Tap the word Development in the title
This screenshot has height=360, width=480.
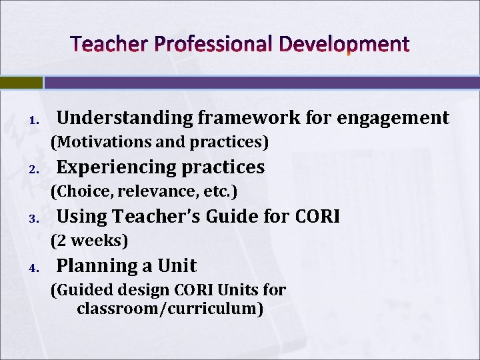coord(344,45)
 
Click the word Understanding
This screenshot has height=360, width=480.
coord(124,118)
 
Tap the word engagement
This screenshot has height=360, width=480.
coord(393,118)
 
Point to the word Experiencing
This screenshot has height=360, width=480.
coord(115,167)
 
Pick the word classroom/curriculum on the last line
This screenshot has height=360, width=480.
coord(170,309)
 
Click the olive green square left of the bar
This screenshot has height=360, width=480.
coord(21,83)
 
